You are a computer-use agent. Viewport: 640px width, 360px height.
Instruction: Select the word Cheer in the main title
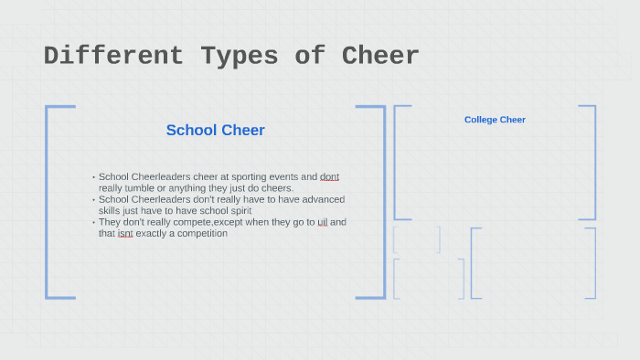(380, 56)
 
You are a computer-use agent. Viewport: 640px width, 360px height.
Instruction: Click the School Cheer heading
(216, 130)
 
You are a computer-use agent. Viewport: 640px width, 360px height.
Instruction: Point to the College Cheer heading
(495, 120)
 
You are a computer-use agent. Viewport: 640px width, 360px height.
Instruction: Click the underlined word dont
(329, 176)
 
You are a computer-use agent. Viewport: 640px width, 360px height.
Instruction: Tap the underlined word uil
(322, 222)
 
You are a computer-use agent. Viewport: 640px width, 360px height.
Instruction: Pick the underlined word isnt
(125, 233)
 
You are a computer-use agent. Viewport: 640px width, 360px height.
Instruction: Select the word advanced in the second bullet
(325, 199)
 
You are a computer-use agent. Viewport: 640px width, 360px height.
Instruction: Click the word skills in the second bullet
(111, 210)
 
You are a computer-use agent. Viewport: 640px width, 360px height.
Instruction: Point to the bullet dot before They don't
(93, 222)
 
